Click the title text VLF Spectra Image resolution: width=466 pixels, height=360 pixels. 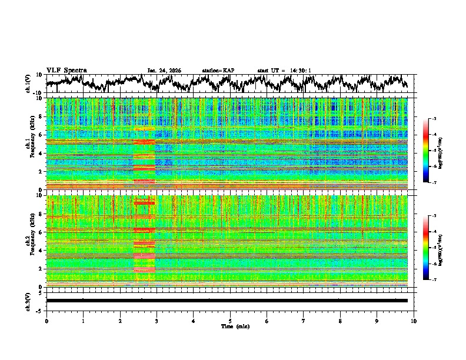click(x=66, y=71)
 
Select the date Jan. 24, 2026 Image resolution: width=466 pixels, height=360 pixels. click(x=164, y=71)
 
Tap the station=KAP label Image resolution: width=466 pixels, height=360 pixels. click(x=218, y=71)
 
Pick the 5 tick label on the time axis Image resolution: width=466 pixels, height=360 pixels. click(x=230, y=321)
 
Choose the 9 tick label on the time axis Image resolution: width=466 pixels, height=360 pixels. click(x=377, y=321)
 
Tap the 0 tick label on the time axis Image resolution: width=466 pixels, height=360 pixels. click(x=46, y=321)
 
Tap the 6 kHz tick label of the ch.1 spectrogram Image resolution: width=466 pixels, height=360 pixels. click(x=41, y=135)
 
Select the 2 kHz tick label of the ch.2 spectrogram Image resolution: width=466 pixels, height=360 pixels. click(x=41, y=269)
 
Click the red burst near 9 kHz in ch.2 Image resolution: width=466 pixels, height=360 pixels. click(x=144, y=203)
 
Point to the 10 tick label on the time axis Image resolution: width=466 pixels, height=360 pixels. click(x=414, y=321)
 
